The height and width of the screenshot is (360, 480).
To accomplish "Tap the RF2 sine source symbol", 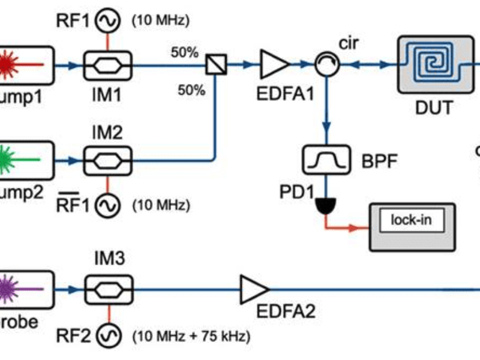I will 112,334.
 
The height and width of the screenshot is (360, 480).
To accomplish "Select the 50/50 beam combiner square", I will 216,63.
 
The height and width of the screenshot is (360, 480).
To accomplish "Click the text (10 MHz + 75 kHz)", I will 191,335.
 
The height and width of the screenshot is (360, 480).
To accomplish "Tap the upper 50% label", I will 184,52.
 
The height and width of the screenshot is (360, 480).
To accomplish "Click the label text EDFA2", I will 285,312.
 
